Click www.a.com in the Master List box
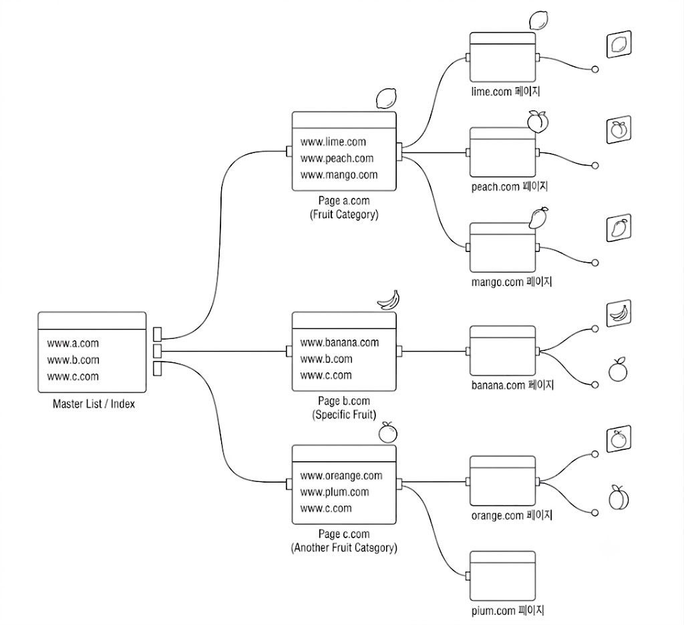click(73, 343)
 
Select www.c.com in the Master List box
click(73, 376)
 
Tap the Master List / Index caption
click(94, 404)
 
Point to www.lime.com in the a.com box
click(333, 142)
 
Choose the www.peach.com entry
click(337, 158)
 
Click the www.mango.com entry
click(339, 175)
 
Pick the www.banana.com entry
click(339, 343)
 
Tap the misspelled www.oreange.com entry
click(341, 476)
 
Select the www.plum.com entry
click(335, 492)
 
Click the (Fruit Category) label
click(344, 215)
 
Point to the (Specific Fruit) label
click(344, 414)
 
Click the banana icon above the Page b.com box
click(388, 300)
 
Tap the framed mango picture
click(619, 228)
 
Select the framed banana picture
click(619, 313)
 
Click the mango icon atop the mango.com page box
click(538, 218)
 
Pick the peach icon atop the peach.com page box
click(538, 121)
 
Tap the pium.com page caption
click(508, 610)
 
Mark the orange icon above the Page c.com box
click(388, 432)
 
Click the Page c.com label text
click(344, 534)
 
